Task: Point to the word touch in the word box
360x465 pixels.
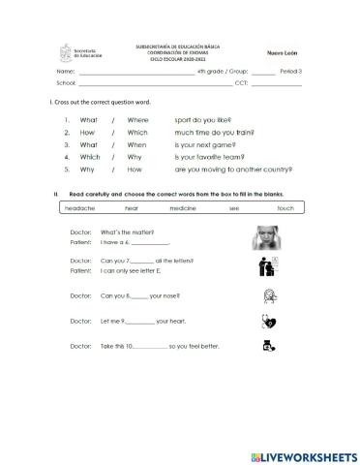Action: click(x=285, y=208)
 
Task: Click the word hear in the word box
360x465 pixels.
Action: click(x=132, y=208)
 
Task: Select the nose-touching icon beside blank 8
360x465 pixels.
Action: click(x=270, y=295)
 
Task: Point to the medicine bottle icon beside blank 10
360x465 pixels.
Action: click(x=270, y=346)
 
